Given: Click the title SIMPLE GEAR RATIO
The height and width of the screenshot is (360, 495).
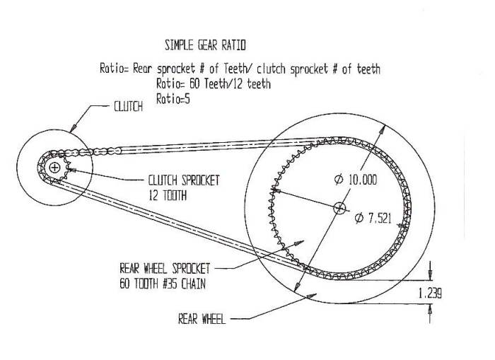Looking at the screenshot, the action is point(205,45).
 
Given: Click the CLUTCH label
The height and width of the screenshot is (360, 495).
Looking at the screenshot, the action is point(128,106).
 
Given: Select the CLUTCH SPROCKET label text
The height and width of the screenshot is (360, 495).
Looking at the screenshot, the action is point(184,180).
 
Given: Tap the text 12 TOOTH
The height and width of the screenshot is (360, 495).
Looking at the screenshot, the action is point(168,195).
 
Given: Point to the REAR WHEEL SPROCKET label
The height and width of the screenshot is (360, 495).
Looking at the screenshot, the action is point(165,269).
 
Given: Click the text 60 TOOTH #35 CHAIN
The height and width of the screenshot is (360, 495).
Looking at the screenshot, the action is point(163,284).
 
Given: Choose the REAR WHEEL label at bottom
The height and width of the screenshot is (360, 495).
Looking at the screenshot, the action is point(202,319).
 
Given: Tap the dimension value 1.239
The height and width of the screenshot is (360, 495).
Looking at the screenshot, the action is point(430,294).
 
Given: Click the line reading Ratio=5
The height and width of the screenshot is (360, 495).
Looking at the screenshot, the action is point(173,99).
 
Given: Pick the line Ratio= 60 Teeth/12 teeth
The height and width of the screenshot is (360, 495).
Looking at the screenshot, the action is point(214,84).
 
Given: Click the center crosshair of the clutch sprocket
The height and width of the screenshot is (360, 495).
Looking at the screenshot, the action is point(54,168).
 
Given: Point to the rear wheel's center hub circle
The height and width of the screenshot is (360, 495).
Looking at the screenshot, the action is point(339,208).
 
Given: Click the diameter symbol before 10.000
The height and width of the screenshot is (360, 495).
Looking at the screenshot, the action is point(339,180).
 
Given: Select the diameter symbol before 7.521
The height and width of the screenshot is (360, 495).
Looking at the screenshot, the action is point(359,218).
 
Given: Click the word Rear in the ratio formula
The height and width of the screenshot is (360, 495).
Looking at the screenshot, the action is point(142,69).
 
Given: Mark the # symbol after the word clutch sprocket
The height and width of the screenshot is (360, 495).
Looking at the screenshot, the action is point(335,69).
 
